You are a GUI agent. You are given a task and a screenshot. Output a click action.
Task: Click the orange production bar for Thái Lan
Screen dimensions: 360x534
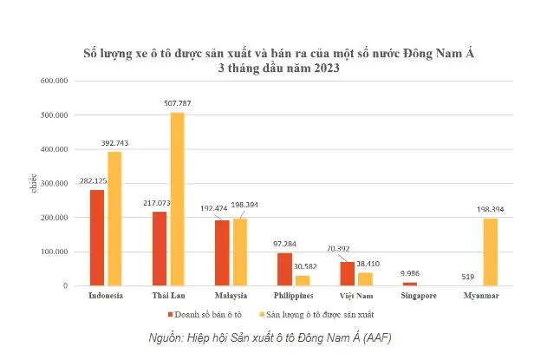[177, 200]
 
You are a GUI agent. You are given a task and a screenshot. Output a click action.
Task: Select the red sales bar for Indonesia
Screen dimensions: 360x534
[97, 238]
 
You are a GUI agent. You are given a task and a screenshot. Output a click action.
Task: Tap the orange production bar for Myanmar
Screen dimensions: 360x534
[491, 252]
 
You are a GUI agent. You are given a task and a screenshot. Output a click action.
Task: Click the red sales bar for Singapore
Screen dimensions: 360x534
[410, 284]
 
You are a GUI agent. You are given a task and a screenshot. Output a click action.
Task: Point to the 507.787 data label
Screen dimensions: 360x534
[177, 103]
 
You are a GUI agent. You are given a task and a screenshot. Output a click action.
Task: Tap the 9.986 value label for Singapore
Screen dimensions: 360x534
[410, 273]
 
